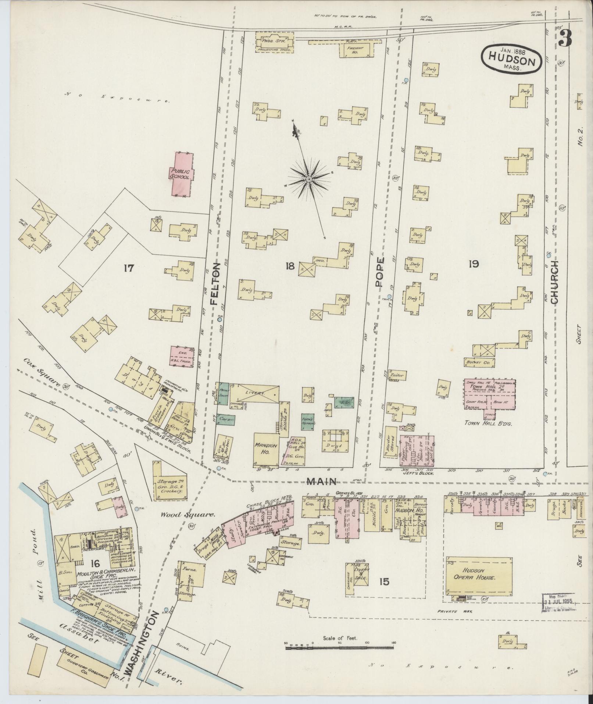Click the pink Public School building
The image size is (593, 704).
point(181,174)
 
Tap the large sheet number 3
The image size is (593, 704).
point(565,38)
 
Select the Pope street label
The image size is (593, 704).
point(380,272)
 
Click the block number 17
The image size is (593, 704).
point(129,268)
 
